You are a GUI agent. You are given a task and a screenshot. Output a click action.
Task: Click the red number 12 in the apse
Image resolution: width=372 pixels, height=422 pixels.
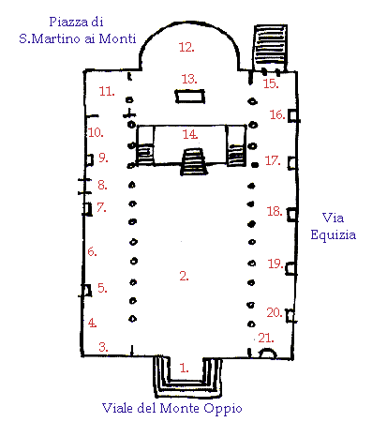(x=186, y=47)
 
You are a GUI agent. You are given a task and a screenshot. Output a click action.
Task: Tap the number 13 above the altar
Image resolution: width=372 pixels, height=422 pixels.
(x=189, y=79)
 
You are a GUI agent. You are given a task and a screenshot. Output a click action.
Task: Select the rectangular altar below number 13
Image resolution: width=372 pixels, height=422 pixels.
(x=190, y=97)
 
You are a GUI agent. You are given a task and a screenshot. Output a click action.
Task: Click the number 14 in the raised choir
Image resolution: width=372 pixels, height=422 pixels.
(x=190, y=134)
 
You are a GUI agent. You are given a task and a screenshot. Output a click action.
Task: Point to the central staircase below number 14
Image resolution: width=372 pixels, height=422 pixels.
(x=194, y=161)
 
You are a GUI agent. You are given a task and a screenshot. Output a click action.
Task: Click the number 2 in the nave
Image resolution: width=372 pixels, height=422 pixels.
(x=184, y=276)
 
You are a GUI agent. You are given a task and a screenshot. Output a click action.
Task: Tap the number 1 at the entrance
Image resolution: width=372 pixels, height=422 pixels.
(x=185, y=368)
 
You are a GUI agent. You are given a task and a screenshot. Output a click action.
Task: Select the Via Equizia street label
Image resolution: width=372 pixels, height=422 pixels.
(x=333, y=226)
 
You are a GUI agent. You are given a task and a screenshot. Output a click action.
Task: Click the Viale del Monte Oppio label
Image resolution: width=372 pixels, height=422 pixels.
(x=172, y=408)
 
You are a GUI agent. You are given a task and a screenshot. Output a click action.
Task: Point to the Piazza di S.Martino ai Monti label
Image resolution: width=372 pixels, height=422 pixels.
(x=77, y=30)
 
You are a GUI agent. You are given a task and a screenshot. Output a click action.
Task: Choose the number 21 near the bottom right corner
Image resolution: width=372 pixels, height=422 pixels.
(x=266, y=338)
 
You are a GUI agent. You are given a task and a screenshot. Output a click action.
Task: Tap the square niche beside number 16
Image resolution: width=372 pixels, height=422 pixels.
(x=293, y=115)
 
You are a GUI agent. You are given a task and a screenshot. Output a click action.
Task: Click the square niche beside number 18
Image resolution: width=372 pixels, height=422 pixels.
(x=292, y=215)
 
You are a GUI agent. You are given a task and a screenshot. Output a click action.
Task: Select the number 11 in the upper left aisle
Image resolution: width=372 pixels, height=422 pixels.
(x=107, y=91)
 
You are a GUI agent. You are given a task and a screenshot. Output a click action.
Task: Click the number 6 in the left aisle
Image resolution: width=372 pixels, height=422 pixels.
(x=92, y=251)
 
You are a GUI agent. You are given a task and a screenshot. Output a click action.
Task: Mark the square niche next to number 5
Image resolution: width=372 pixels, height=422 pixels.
(x=86, y=291)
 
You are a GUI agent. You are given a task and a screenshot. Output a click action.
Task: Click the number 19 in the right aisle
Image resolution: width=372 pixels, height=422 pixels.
(x=275, y=264)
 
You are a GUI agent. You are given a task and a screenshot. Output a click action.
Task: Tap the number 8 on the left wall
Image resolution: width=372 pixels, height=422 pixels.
(x=102, y=185)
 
